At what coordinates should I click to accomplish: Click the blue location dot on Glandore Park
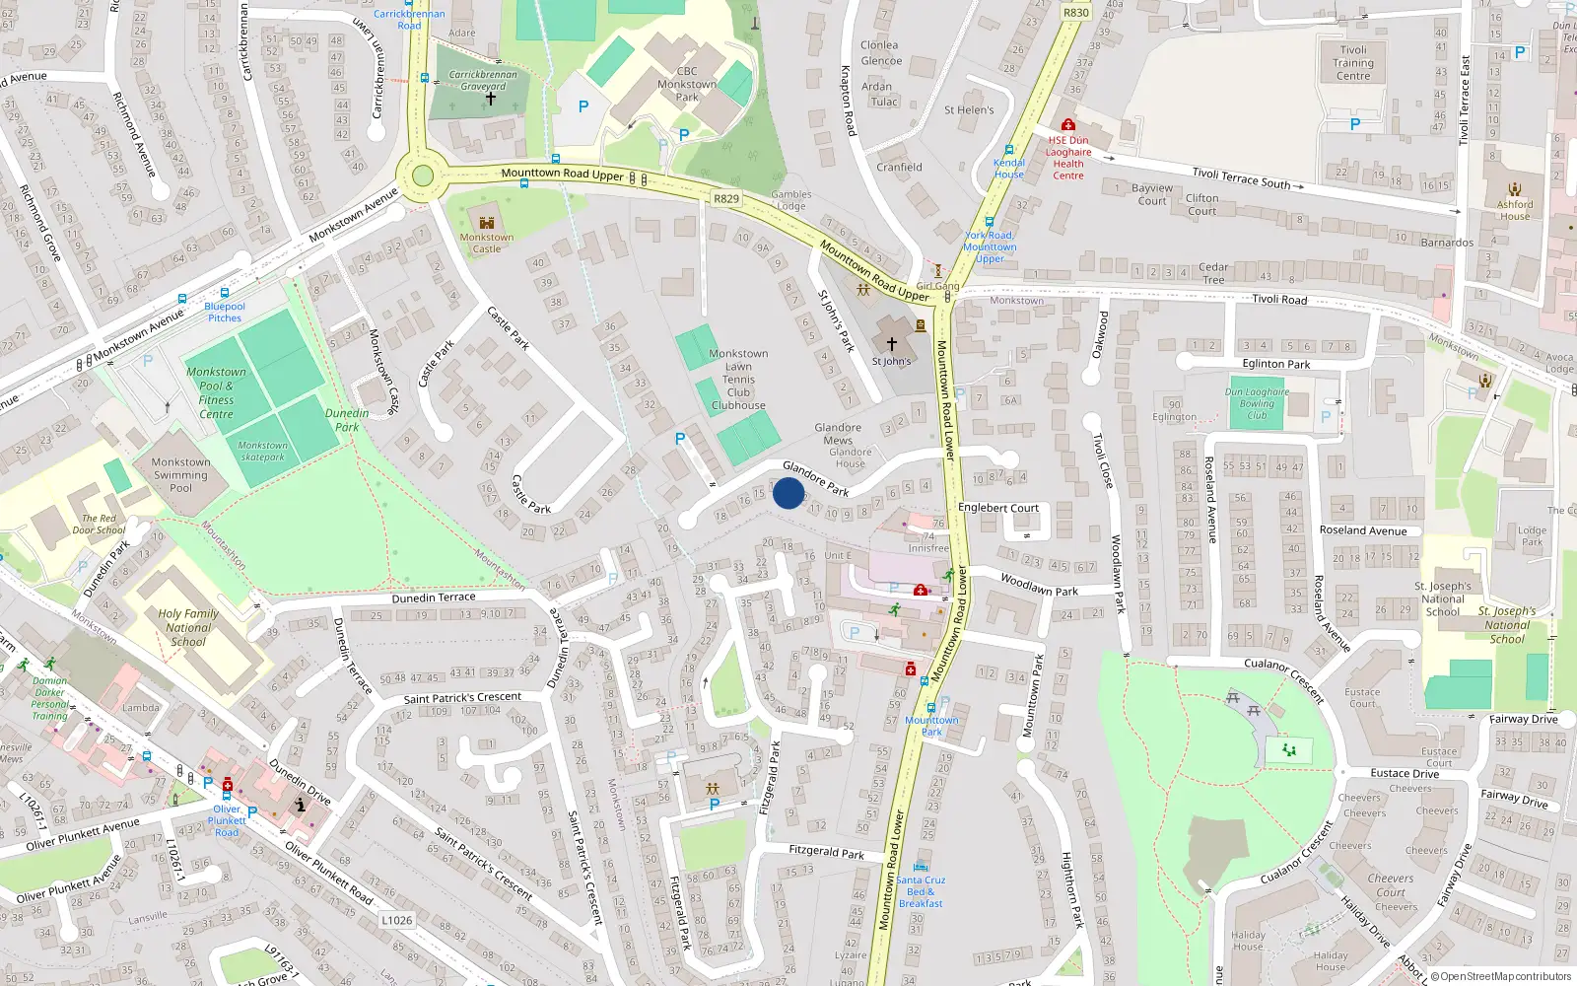click(788, 493)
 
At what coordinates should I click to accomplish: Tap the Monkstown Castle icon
click(486, 224)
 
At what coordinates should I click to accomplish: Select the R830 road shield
click(1076, 13)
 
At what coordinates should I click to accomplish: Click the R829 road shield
click(726, 199)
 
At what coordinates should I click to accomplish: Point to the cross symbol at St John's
click(892, 344)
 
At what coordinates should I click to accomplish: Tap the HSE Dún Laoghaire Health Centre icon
click(1067, 125)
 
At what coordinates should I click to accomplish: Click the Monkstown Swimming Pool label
click(180, 474)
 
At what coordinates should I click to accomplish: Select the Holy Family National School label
click(188, 627)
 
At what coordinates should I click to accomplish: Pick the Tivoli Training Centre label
click(1353, 63)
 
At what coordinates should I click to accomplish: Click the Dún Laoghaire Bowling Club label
click(1257, 403)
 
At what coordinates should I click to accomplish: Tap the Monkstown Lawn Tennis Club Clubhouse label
click(738, 380)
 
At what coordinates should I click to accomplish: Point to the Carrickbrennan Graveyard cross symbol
click(490, 99)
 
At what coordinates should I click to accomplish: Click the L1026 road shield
click(396, 920)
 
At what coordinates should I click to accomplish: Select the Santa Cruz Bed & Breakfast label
click(921, 891)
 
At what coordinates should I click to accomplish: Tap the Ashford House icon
click(1515, 189)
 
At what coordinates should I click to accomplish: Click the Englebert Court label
click(998, 508)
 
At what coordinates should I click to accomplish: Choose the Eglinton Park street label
click(1276, 364)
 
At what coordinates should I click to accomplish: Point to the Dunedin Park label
click(347, 420)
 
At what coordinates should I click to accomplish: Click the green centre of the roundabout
click(423, 176)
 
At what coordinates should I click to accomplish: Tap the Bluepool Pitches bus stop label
click(225, 312)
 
